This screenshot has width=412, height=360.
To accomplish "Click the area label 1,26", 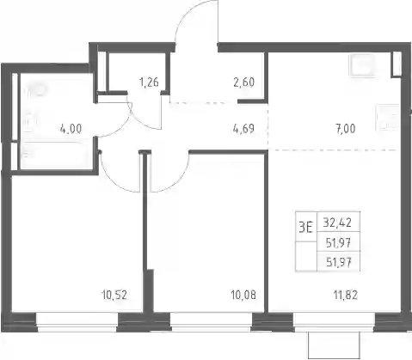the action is [149, 82].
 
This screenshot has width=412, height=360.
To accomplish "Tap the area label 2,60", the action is [244, 82].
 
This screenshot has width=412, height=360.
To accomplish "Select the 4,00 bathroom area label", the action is [71, 129].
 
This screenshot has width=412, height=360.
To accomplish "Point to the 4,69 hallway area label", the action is [243, 129].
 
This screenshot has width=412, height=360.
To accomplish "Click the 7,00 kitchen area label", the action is [346, 129].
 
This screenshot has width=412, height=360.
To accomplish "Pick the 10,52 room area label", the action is [114, 295].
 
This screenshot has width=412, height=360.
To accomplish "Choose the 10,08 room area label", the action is [243, 295].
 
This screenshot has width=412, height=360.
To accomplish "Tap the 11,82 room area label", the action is [346, 295].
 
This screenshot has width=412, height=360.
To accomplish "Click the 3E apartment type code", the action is [305, 228].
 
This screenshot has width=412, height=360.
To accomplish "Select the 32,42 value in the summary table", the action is [337, 223].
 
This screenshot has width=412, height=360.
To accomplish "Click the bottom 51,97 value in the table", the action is [339, 262].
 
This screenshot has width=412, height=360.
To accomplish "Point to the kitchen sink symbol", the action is [362, 65].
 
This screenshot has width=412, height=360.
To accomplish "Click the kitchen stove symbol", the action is [388, 117].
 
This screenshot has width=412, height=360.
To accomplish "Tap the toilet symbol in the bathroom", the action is [35, 90].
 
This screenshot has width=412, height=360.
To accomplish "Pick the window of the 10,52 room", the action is [77, 322].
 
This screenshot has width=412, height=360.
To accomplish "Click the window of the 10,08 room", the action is [212, 322].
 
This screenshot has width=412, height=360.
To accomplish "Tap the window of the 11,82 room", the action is [334, 322].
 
